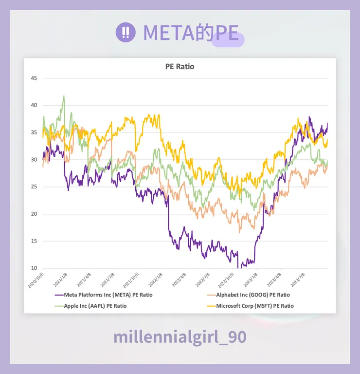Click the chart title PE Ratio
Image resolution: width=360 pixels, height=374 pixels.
coord(180,66)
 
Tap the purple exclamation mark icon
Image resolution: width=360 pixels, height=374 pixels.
coord(126,32)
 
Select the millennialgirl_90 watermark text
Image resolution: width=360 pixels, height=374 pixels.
coord(180,337)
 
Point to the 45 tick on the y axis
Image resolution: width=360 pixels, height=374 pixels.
coord(34,78)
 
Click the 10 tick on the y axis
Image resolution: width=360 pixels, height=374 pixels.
coord(34,268)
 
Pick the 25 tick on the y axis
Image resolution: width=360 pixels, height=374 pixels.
coord(34,187)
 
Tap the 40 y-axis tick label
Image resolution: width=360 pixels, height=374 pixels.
coord(34,105)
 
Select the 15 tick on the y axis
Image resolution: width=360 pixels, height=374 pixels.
coord(34,241)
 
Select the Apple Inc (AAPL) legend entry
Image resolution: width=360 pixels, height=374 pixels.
coord(95,306)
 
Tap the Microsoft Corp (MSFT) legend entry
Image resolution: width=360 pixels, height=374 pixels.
coord(255,306)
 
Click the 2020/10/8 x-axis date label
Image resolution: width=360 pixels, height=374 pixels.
coord(36,280)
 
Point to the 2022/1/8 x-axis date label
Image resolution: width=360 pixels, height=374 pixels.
coord(155,280)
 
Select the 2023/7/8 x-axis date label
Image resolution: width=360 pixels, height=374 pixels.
coord(298,280)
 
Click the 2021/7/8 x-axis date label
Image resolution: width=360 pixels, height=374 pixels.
coord(108,280)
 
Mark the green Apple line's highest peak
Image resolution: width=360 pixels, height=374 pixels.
coord(64,96)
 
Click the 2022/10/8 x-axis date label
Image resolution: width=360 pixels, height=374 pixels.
coord(226,280)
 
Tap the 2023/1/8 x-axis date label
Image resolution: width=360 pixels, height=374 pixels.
coord(251,280)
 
